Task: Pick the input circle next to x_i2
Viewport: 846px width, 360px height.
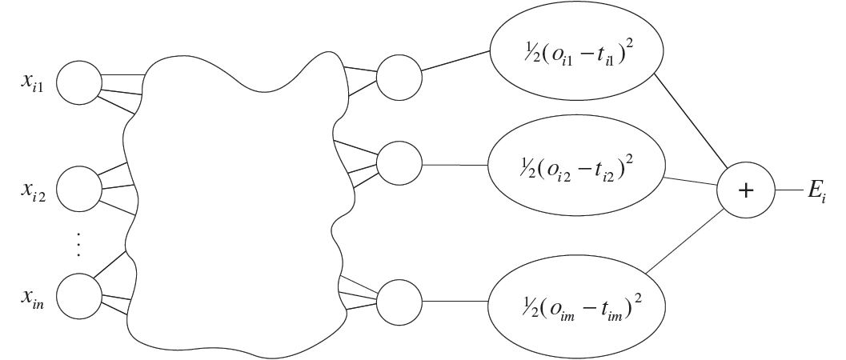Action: pyautogui.click(x=79, y=188)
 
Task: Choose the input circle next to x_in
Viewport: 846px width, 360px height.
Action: pyautogui.click(x=79, y=297)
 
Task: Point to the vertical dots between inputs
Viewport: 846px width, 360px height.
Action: pyautogui.click(x=78, y=242)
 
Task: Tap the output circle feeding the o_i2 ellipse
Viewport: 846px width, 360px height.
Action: pyautogui.click(x=398, y=166)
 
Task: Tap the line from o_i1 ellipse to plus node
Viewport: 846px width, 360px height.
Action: pyautogui.click(x=690, y=120)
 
